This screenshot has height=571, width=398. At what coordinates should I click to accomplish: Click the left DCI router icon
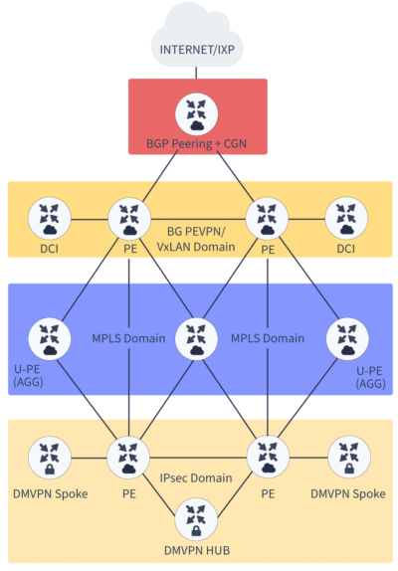click(x=48, y=216)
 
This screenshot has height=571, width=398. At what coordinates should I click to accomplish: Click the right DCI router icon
click(x=345, y=216)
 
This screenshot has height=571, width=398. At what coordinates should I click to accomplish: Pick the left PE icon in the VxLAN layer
click(x=127, y=216)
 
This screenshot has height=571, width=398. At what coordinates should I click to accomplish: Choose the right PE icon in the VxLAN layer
click(x=266, y=216)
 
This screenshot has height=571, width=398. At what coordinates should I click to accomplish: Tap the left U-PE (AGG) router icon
click(x=48, y=338)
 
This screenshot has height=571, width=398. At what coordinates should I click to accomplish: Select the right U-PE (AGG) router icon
click(x=345, y=338)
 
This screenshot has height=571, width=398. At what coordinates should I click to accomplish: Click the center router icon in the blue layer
click(x=197, y=338)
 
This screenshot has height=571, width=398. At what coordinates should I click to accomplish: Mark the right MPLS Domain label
click(x=269, y=338)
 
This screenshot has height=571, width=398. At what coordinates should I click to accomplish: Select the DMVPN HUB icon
click(x=197, y=518)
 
